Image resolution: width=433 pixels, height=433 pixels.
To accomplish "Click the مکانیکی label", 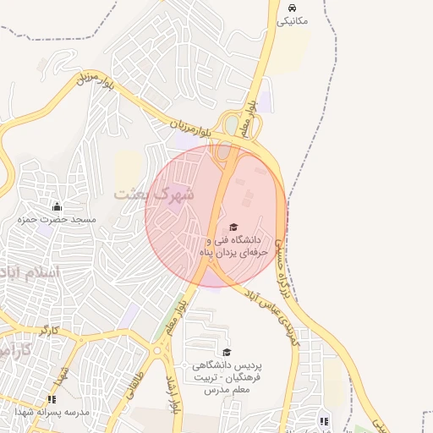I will (293, 20).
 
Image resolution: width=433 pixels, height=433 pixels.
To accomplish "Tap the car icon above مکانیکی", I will (293, 7).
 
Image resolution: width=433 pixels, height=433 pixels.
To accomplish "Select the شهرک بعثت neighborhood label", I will (154, 194).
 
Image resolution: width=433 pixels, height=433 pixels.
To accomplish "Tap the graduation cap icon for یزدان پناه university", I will (233, 227).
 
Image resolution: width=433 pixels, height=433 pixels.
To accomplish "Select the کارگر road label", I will (49, 328).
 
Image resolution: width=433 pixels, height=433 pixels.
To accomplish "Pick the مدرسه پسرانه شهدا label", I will (52, 412).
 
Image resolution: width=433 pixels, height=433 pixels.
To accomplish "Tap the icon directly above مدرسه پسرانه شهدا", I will (52, 399).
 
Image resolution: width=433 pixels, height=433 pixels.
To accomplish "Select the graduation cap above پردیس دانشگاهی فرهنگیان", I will (227, 352).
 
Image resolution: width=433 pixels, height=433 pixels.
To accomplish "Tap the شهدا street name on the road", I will (63, 373).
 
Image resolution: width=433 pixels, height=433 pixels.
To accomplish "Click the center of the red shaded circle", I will (216, 215).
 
